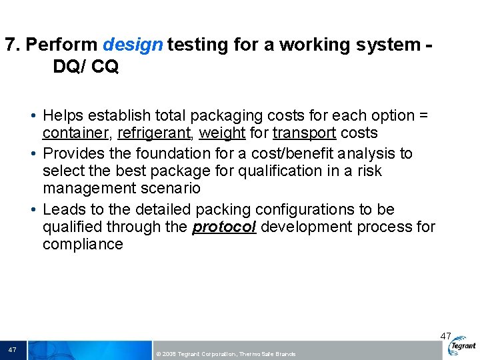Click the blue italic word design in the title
point(133,45)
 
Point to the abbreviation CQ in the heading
point(104,67)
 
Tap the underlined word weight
point(222,133)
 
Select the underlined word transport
point(304,133)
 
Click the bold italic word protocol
point(224,227)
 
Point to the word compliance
point(83,244)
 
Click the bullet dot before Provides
point(33,154)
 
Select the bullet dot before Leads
point(33,209)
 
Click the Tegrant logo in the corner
point(463,347)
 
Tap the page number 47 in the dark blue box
point(13,350)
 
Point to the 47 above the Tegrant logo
point(445,336)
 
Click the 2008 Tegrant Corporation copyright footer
point(225,354)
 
